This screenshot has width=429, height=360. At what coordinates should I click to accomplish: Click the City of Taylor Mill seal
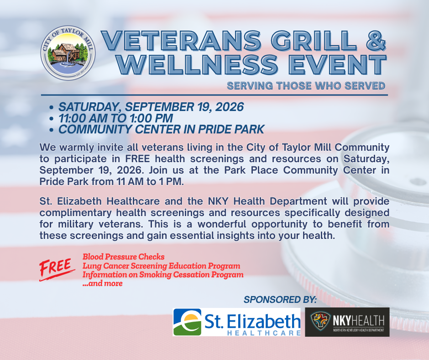68,53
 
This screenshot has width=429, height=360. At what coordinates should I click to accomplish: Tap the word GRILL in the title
314,41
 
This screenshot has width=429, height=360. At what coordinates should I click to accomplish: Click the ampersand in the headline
376,41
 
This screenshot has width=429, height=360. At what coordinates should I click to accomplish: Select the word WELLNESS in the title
198,65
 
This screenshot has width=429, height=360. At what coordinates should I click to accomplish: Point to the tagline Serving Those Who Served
306,86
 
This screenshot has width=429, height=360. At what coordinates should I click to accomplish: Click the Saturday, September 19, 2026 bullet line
151,107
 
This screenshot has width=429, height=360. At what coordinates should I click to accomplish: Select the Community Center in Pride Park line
162,130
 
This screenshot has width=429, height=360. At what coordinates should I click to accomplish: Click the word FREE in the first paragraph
138,159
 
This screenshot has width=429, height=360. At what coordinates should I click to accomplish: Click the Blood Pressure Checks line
123,257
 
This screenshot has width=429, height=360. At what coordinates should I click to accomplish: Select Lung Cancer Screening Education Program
162,266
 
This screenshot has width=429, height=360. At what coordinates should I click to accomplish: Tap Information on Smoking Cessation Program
163,275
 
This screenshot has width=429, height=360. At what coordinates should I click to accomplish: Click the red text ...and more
103,283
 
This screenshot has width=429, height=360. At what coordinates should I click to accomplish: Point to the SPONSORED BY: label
280,300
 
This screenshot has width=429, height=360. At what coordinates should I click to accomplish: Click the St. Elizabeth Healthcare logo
237,322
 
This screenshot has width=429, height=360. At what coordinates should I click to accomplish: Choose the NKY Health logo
347,322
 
